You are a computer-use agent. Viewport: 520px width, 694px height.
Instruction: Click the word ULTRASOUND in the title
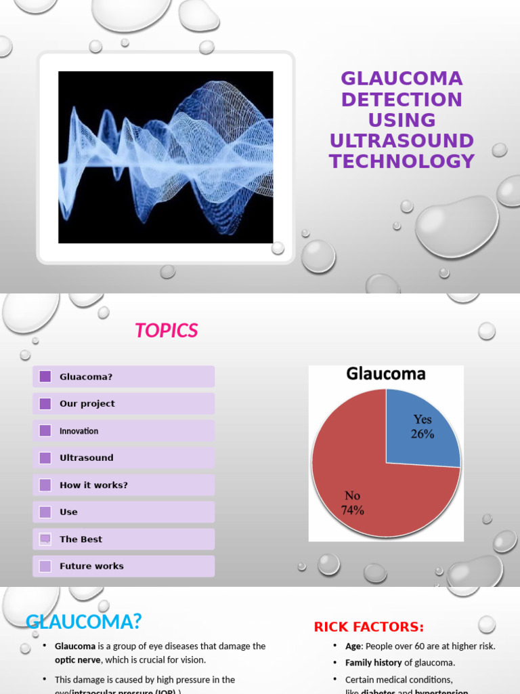(x=402, y=141)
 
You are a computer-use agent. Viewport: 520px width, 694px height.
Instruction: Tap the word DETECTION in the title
(x=402, y=100)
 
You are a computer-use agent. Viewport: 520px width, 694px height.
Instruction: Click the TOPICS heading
(x=166, y=331)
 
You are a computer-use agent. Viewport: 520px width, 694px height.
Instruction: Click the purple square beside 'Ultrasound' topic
(x=45, y=458)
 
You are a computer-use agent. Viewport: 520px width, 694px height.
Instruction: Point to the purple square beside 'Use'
(x=45, y=512)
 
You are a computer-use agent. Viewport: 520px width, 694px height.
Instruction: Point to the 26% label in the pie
(x=422, y=434)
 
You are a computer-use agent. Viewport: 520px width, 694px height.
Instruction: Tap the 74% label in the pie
(x=353, y=511)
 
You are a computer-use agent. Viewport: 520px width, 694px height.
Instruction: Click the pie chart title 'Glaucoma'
(x=386, y=374)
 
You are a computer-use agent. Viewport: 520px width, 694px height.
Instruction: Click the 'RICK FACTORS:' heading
(x=369, y=628)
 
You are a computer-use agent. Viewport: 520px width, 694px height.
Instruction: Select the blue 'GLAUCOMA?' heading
(x=84, y=621)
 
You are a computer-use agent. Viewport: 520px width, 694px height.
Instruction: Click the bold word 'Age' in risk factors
(x=353, y=647)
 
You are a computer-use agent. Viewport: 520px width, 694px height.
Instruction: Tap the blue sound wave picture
(x=166, y=157)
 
